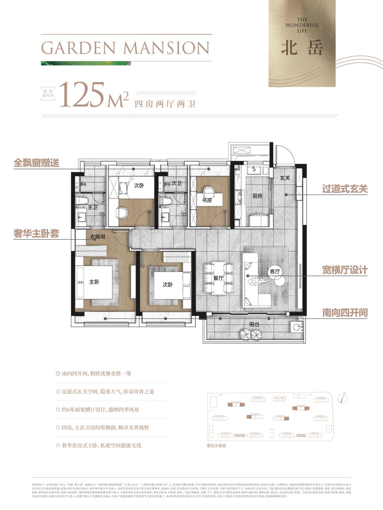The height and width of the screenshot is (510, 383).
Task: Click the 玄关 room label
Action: pos(285,178)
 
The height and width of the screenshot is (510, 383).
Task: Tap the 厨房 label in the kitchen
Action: pos(257,195)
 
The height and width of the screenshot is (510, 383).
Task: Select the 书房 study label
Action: pos(207,200)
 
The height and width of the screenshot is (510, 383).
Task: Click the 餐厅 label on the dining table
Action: pos(218,278)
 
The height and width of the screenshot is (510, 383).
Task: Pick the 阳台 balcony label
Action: pos(254,324)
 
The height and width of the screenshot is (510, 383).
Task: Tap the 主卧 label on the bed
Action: pos(94,282)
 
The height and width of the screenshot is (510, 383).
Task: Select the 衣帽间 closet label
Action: pos(97,237)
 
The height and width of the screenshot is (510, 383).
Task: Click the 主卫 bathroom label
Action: pos(93,207)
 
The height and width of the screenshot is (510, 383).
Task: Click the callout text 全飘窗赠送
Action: pos(36,163)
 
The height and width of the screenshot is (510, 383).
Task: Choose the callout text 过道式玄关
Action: pos(345,189)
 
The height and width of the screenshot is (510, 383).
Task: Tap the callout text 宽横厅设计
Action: pos(345,270)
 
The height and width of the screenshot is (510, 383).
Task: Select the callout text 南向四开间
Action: pos(345,313)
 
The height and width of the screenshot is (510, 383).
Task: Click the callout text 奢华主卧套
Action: pos(36,234)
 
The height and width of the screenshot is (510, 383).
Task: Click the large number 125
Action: pos(83,95)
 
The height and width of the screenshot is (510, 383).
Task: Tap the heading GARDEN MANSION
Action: pos(125,48)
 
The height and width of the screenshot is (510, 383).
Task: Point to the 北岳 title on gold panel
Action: pos(302,48)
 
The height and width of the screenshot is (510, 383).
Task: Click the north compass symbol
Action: pos(343,398)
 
